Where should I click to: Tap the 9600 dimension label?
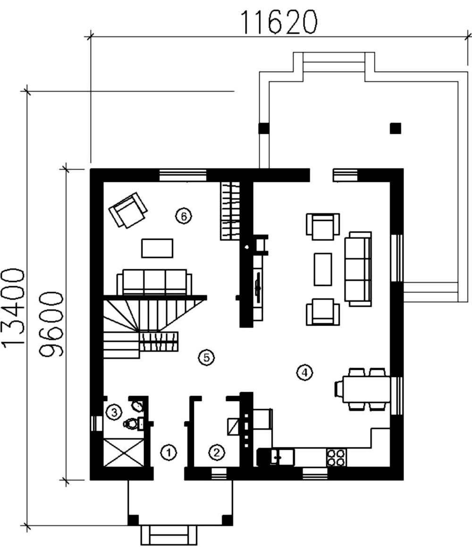[51, 324]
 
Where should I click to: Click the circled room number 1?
[169, 452]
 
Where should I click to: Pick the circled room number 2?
[216, 452]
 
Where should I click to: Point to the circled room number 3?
[114, 412]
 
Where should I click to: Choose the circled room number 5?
[206, 358]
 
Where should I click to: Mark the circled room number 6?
[183, 216]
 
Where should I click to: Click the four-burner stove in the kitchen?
[336, 458]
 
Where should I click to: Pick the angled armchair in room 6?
[127, 210]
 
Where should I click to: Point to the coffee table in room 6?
[157, 248]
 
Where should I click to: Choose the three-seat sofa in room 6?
[154, 282]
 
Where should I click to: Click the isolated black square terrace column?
[396, 128]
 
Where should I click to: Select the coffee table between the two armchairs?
[323, 269]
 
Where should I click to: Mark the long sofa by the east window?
[358, 269]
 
